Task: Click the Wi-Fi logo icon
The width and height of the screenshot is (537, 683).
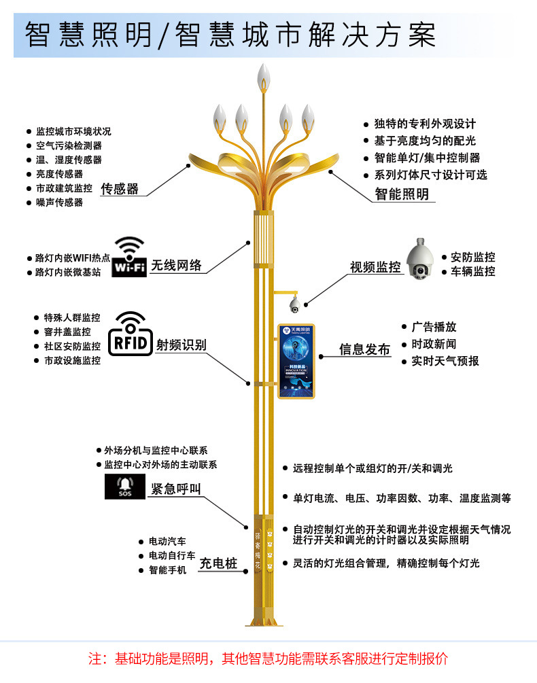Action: point(128,256)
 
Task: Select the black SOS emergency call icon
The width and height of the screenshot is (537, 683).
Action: point(125,487)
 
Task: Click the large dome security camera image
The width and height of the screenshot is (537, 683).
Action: point(421,259)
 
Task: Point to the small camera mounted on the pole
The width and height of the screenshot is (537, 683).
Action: point(295,303)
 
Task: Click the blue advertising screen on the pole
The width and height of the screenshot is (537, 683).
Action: point(296,360)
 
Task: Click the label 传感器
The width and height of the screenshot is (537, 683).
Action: point(120,189)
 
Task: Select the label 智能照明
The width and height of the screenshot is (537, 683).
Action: point(402,194)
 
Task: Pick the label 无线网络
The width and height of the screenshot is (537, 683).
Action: point(177,265)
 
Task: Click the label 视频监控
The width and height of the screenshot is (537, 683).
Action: point(375,267)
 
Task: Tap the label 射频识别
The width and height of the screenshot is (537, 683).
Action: point(181,345)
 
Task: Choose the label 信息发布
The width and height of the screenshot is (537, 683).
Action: point(365,349)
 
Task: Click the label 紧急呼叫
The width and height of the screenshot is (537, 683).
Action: point(176,489)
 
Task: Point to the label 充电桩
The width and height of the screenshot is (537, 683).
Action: point(218,563)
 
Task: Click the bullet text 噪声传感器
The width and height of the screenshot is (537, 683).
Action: point(59,203)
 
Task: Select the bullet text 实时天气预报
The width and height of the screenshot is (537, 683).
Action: point(445,361)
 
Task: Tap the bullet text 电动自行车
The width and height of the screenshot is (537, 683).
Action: point(172,556)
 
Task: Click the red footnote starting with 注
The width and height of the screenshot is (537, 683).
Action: point(268,659)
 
